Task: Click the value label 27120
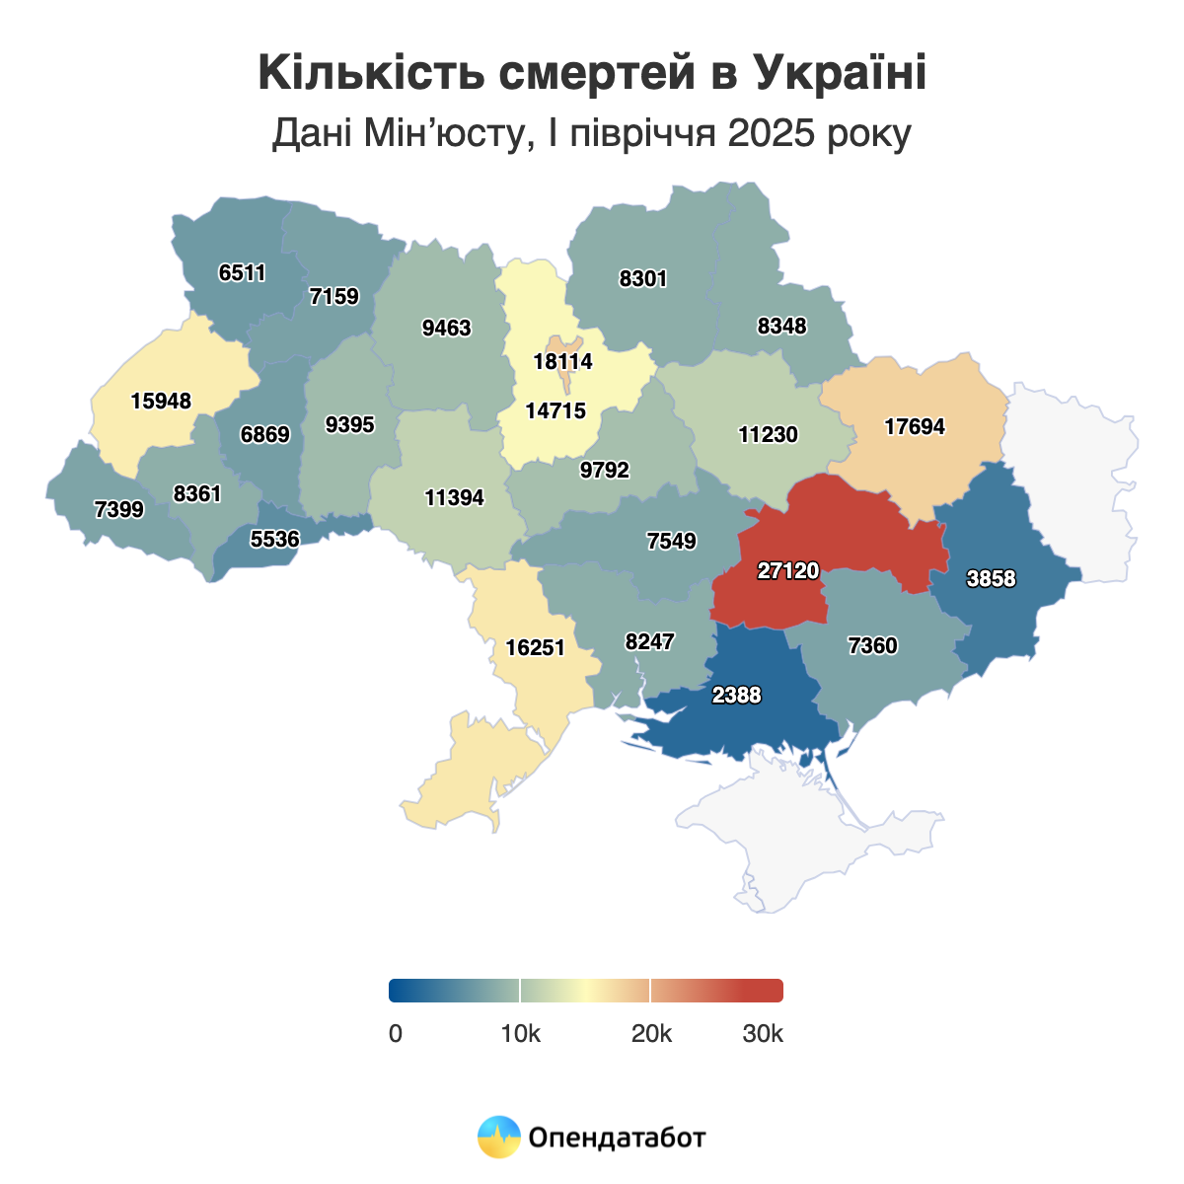coord(788,570)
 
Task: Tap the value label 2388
coord(736,695)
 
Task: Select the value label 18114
coord(562,361)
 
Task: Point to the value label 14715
coord(555,410)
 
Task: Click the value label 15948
coord(161,401)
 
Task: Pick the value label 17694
coord(915,426)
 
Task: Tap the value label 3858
coord(991,578)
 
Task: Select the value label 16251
coord(535,647)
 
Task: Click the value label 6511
coord(243,272)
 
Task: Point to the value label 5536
coord(274,539)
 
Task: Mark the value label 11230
coord(768,434)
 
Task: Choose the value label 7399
coord(119,509)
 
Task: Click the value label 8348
coord(781,326)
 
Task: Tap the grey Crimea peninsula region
coord(809,839)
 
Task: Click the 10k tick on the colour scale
coord(520,1033)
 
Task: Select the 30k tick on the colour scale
coord(763,1033)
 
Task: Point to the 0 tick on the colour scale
coord(396,1033)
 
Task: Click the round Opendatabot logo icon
coord(498,1137)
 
